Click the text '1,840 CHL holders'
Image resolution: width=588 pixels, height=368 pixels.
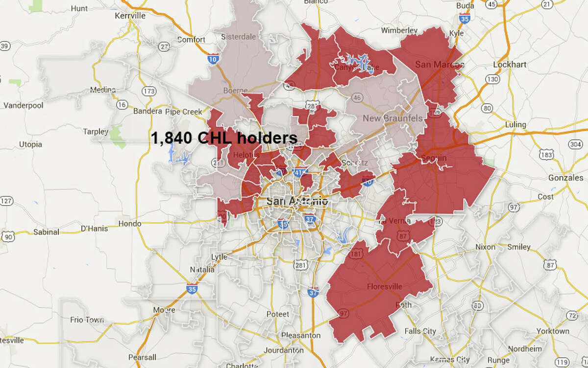(224, 138)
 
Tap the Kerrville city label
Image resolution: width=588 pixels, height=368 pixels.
(130, 16)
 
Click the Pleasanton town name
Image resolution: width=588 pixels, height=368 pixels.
(301, 336)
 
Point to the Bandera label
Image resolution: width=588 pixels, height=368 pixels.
(147, 112)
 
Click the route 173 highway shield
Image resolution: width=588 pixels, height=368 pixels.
(148, 92)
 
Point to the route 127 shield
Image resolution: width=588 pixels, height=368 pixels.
(6, 201)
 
